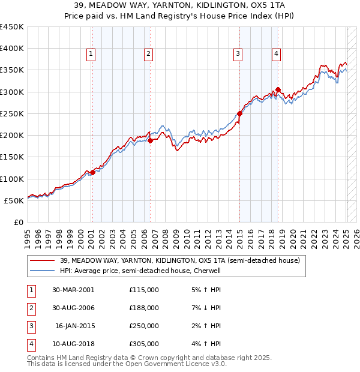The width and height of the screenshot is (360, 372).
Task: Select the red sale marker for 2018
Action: [x=278, y=90]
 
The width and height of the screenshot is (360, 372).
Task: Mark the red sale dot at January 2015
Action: [x=239, y=113]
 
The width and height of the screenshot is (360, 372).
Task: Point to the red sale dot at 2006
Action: [x=150, y=140]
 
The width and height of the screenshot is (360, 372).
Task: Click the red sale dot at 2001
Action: [x=92, y=172]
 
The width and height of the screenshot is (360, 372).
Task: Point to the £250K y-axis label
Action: [x=12, y=113]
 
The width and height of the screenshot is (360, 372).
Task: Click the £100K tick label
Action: [x=12, y=179]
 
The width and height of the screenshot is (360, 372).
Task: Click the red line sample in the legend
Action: [x=43, y=260]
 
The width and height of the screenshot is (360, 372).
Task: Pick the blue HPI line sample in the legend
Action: [x=43, y=271]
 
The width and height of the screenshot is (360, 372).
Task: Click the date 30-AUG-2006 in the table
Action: [x=73, y=308]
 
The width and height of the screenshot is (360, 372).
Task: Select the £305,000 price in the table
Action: [x=144, y=344]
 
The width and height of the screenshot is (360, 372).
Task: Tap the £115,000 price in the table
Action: [x=144, y=290]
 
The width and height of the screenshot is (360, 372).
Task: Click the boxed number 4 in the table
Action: [x=31, y=344]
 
